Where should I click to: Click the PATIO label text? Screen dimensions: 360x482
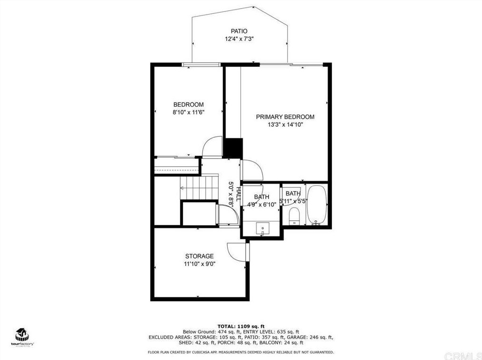(x=239, y=31)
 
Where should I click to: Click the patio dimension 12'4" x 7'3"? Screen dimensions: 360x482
(x=239, y=39)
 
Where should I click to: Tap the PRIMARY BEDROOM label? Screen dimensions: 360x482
(x=285, y=117)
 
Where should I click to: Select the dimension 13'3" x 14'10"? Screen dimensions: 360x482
(x=285, y=125)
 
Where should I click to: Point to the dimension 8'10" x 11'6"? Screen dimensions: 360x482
(x=188, y=113)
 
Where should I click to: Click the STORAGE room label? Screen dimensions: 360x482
(x=199, y=256)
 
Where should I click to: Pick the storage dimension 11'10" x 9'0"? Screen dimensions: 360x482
(x=199, y=265)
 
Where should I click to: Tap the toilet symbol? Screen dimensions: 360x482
(x=294, y=216)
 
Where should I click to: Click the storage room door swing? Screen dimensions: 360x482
(x=237, y=250)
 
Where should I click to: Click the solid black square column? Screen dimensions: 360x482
(x=233, y=148)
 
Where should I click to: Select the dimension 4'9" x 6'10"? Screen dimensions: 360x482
(x=261, y=205)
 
